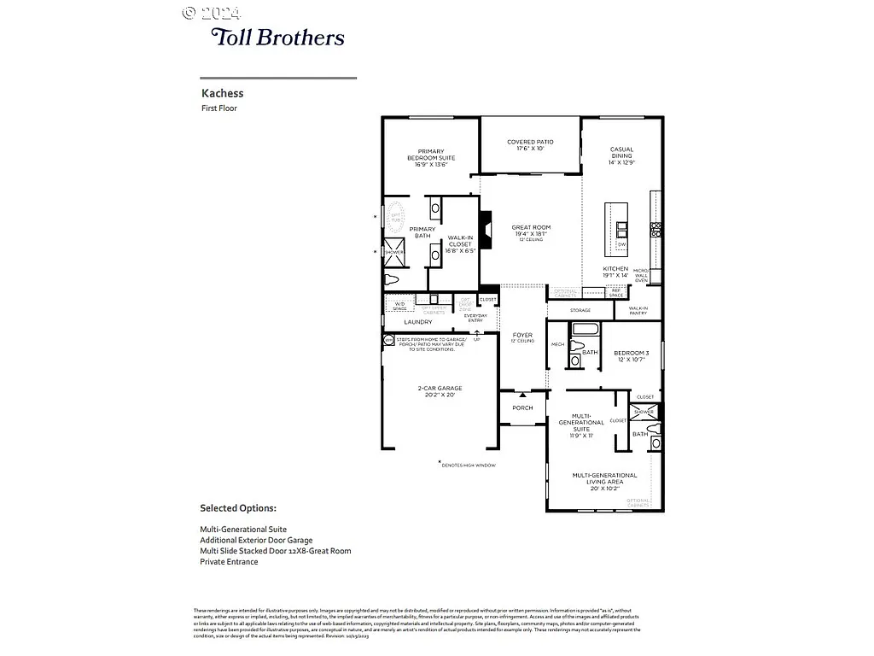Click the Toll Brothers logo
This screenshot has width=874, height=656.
(277, 37)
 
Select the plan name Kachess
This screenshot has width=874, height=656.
(222, 93)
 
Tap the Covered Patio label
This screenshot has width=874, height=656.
(530, 145)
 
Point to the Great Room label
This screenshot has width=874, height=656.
(530, 231)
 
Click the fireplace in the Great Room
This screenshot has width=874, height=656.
(485, 228)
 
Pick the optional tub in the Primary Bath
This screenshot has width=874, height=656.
(396, 218)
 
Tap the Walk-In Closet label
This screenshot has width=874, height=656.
(459, 244)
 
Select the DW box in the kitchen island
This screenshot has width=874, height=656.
(621, 245)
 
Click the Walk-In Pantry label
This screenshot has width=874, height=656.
(638, 311)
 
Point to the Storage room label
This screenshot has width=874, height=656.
(580, 310)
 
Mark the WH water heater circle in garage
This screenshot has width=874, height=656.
(388, 339)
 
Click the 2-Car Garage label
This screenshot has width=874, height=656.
(440, 391)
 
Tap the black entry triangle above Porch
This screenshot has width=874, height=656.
(522, 394)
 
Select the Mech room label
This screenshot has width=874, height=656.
(557, 344)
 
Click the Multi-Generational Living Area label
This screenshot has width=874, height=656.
(604, 478)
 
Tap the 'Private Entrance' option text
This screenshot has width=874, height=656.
(229, 562)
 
